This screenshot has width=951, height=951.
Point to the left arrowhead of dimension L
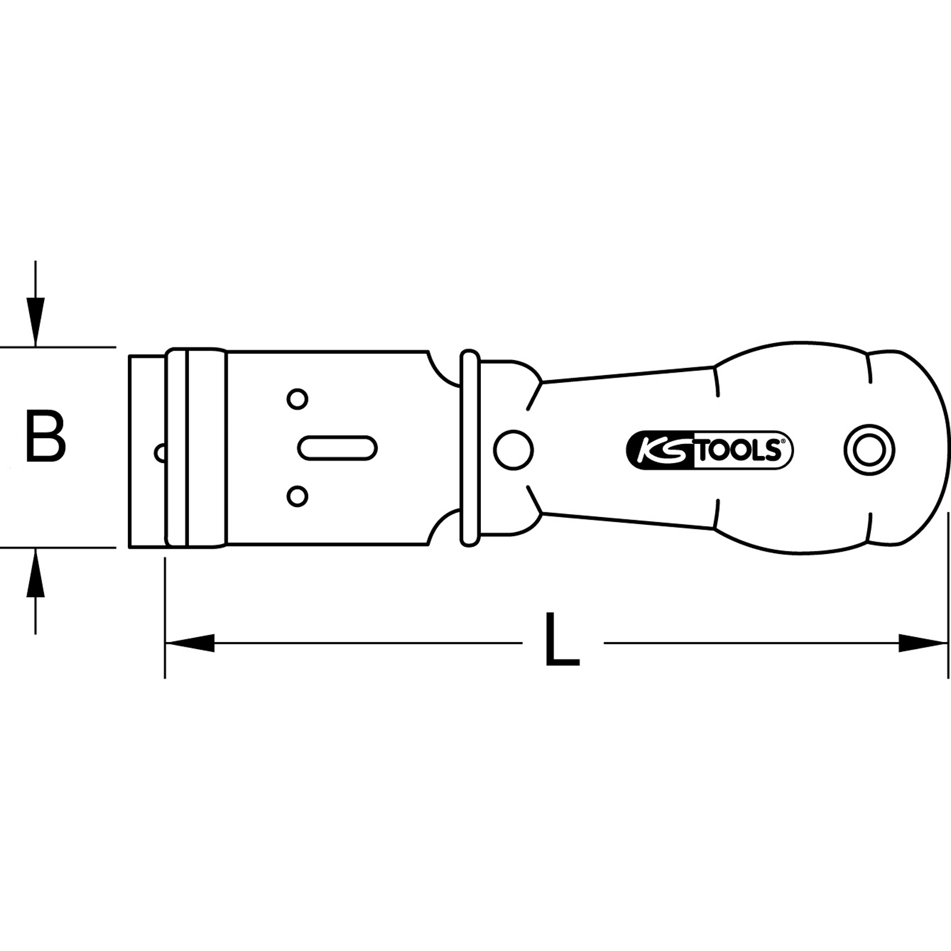(x=190, y=643)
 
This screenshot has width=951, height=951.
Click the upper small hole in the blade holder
(x=297, y=399)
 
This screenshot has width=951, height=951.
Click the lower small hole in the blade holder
(x=297, y=496)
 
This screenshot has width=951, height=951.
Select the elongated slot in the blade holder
(x=337, y=448)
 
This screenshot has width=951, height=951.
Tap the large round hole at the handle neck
(x=514, y=449)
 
